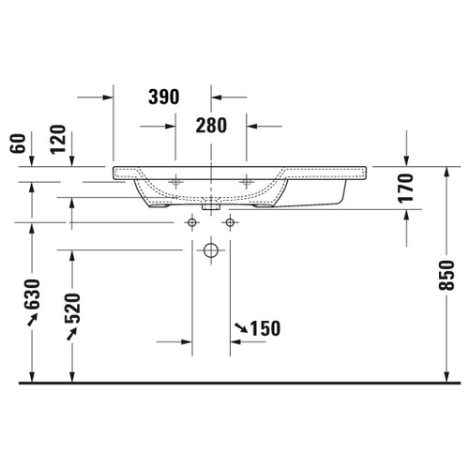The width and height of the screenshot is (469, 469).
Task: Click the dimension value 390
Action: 164,97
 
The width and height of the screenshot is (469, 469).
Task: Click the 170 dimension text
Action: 405,189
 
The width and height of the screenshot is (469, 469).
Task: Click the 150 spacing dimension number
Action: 266,328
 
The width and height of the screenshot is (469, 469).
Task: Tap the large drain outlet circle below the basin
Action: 211,250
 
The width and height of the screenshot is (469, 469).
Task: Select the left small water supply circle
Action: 193,223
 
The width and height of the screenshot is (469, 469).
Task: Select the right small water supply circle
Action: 228,223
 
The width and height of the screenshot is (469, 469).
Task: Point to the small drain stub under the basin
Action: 211,201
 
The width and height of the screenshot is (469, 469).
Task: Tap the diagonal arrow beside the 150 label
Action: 241,327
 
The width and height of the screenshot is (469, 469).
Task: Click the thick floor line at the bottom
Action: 234,383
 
